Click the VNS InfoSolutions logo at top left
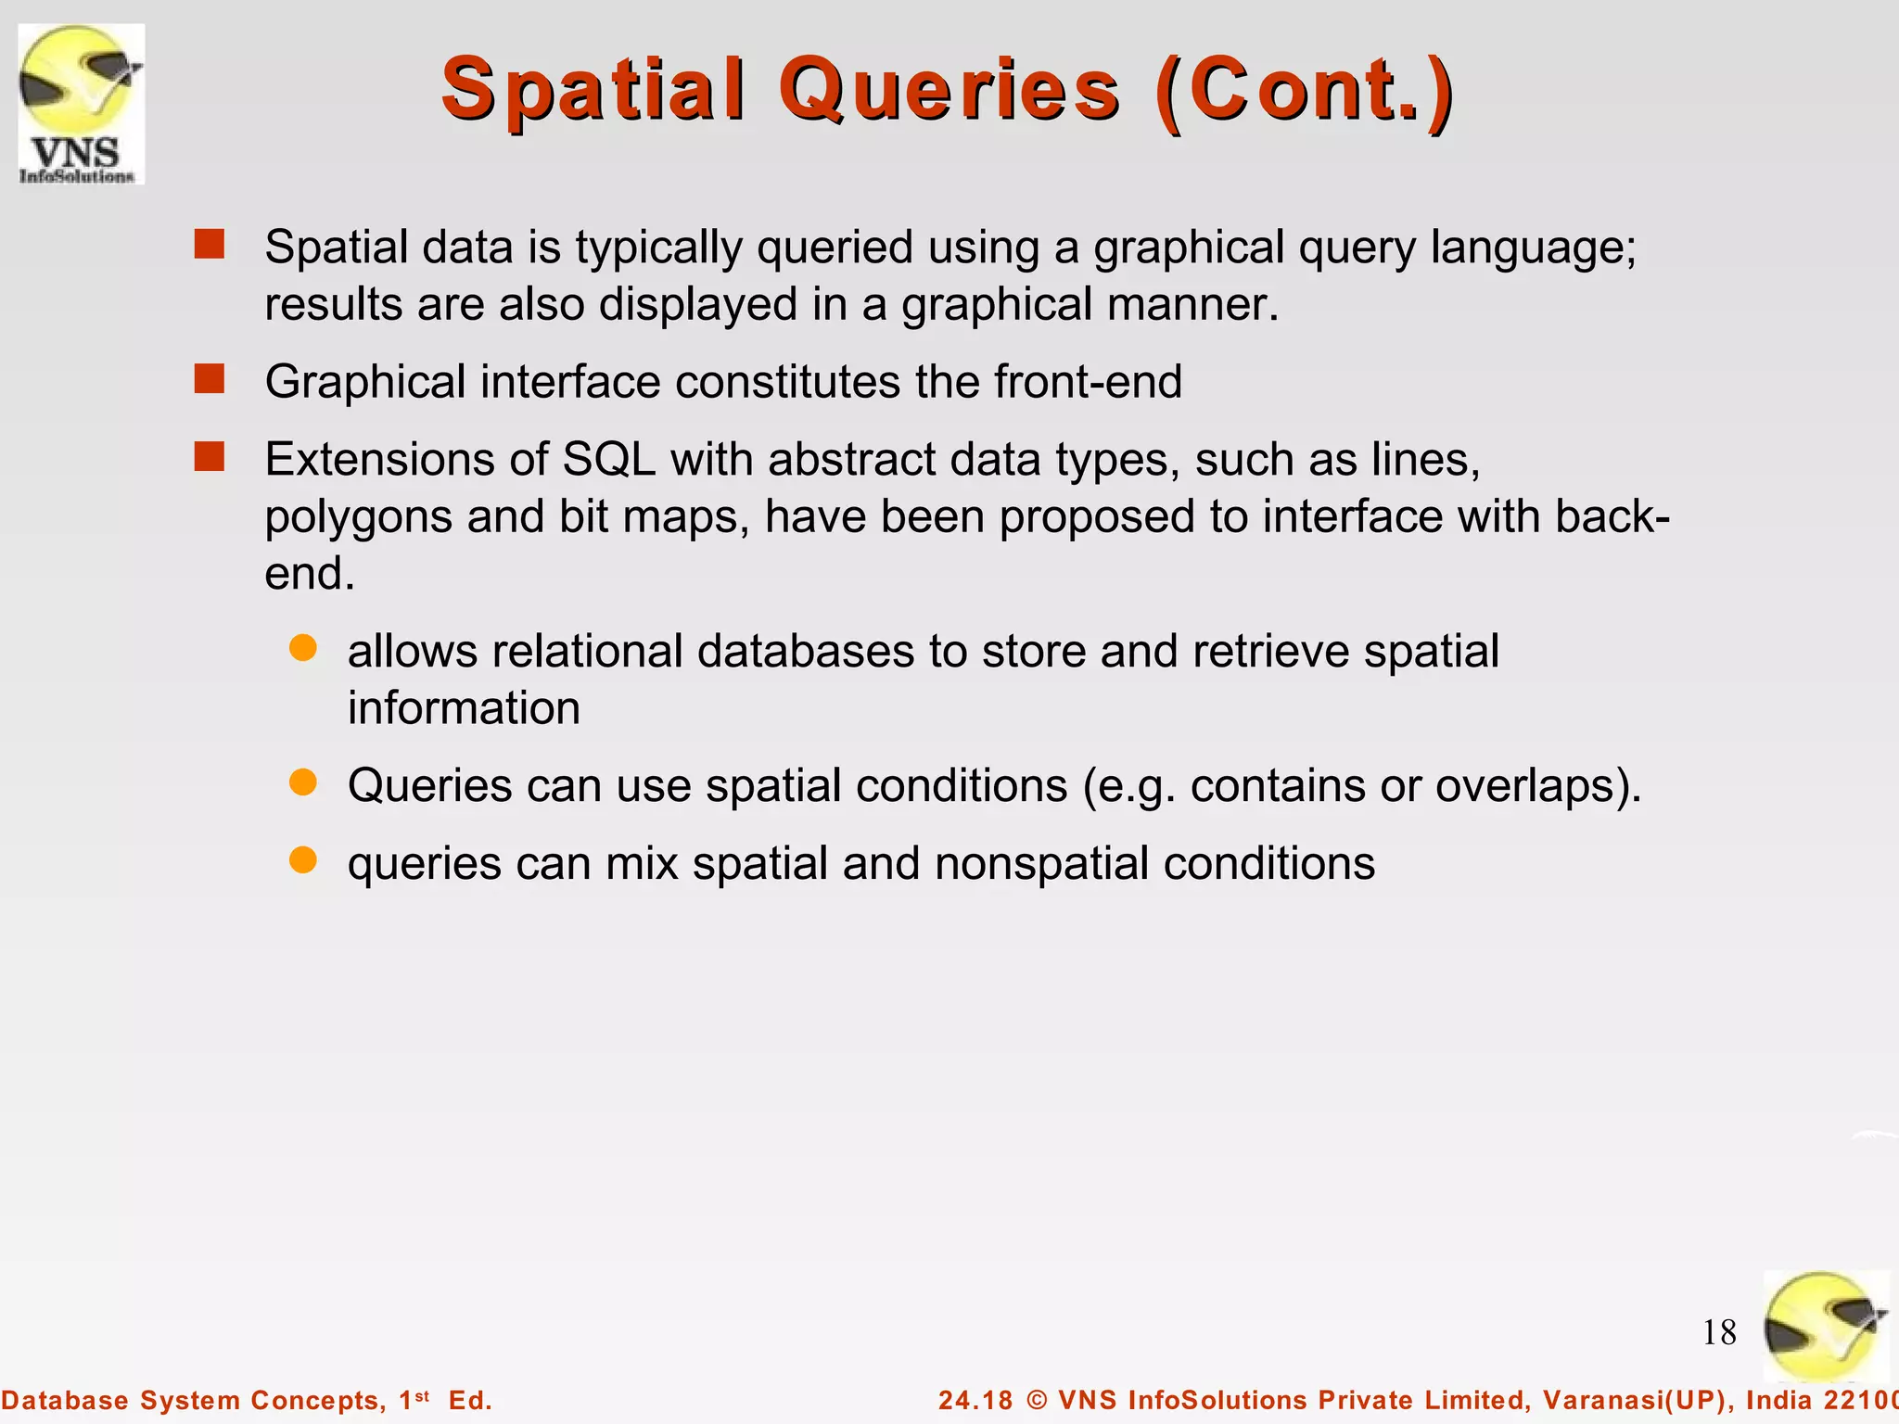[82, 104]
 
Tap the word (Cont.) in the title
[1306, 90]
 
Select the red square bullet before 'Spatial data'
[210, 245]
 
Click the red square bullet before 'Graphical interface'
[210, 379]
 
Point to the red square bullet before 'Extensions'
[210, 457]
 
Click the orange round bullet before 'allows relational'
[303, 648]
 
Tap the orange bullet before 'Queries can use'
[303, 782]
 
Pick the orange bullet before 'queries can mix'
[303, 860]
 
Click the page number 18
[1719, 1333]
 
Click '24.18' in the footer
[975, 1400]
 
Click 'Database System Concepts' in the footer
[193, 1400]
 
